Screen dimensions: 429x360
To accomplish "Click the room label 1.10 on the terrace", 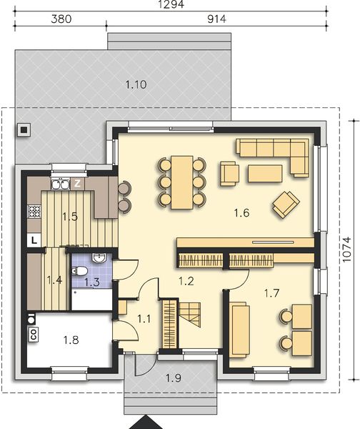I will point(136,84).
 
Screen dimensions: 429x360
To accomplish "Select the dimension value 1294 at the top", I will point(172,4).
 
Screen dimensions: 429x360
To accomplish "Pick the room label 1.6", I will point(241,212).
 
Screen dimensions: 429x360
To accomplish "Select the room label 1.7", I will point(271,292).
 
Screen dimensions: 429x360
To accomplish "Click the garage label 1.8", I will point(69,340).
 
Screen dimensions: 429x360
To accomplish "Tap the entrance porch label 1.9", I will point(171,377).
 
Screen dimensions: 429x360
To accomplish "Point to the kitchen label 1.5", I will point(69,216).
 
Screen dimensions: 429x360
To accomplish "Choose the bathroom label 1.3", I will point(92,282).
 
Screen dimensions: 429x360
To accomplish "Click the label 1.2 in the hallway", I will point(186,281).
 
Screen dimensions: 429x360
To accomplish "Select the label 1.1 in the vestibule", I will point(144,318).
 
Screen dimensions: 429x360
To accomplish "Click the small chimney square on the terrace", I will point(24,130).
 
